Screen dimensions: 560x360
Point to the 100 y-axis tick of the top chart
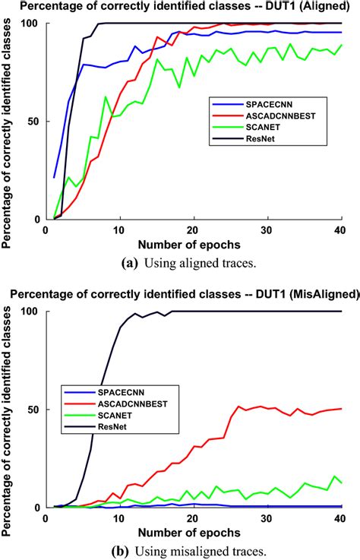33,24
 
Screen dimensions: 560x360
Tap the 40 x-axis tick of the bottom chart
339,517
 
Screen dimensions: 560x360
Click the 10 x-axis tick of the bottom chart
119,517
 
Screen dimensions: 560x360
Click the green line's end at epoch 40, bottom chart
341,482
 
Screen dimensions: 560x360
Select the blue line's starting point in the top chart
54,177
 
